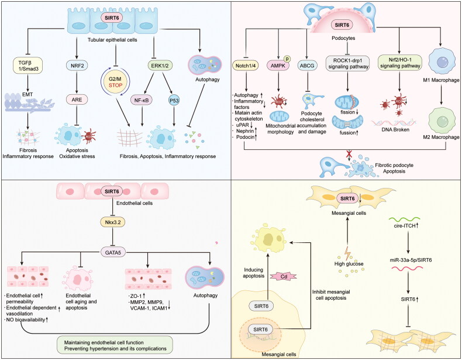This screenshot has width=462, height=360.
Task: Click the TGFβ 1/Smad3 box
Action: (x=28, y=66)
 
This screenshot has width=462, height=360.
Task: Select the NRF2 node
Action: (x=77, y=66)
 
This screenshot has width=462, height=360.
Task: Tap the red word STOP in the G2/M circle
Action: (x=116, y=85)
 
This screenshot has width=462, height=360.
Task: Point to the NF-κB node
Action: (x=142, y=101)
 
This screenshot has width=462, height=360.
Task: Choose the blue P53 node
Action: (x=174, y=100)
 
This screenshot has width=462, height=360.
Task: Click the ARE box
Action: (x=77, y=100)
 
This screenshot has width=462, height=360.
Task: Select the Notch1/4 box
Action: (x=246, y=66)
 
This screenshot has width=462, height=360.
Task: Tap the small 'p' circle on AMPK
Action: (x=288, y=59)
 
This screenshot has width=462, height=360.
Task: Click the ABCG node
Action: (x=307, y=66)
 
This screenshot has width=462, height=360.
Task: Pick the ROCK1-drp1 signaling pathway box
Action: (x=348, y=63)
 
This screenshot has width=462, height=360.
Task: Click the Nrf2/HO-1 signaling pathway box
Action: (x=400, y=63)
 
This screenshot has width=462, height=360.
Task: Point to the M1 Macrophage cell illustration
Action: (x=441, y=63)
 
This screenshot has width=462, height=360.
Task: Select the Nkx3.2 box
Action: (x=113, y=222)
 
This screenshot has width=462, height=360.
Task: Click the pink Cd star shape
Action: (x=284, y=276)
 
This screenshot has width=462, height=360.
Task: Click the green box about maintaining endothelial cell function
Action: (x=115, y=345)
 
